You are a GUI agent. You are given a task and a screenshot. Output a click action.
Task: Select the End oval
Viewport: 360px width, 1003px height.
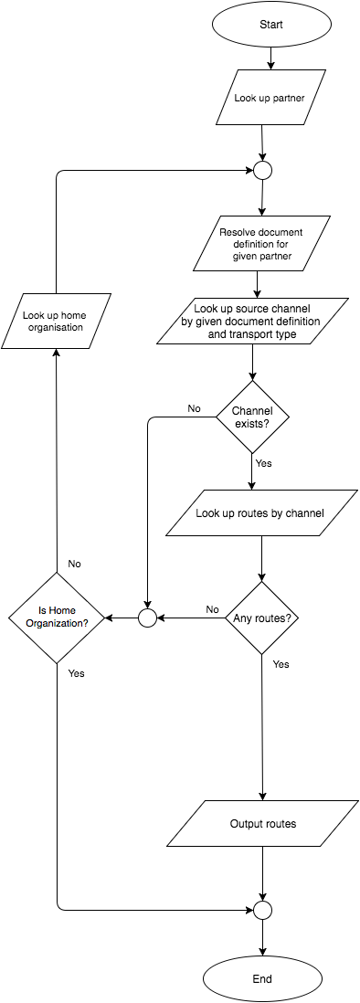coord(262,979)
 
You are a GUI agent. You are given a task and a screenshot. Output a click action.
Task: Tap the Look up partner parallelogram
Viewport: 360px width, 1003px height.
coord(270,97)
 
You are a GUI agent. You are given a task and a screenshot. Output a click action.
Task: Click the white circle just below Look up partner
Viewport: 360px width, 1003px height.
coord(262,170)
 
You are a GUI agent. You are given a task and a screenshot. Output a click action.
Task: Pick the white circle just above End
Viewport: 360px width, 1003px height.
coord(262,910)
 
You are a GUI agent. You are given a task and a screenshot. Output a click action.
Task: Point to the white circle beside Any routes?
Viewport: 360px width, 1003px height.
coord(147,618)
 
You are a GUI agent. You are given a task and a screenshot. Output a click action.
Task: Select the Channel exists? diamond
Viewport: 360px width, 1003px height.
coord(252,417)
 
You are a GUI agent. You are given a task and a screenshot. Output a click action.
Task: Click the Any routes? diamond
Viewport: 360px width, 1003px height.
coord(262,618)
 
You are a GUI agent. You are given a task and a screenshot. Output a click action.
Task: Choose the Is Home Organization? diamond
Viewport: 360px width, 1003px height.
coord(57,618)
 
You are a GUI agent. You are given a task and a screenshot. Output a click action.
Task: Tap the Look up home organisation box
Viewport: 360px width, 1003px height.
coord(57,321)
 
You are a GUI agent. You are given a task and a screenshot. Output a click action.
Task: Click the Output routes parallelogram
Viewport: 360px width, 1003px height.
coord(263,824)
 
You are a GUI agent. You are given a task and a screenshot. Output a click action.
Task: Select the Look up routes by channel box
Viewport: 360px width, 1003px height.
coord(259,513)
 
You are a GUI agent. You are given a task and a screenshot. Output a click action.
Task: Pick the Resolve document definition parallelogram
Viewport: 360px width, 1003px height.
coord(261,244)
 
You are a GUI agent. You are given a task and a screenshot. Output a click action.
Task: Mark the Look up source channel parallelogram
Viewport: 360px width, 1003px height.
coord(253,321)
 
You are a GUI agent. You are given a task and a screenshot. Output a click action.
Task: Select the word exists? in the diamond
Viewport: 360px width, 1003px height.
coord(252,424)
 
